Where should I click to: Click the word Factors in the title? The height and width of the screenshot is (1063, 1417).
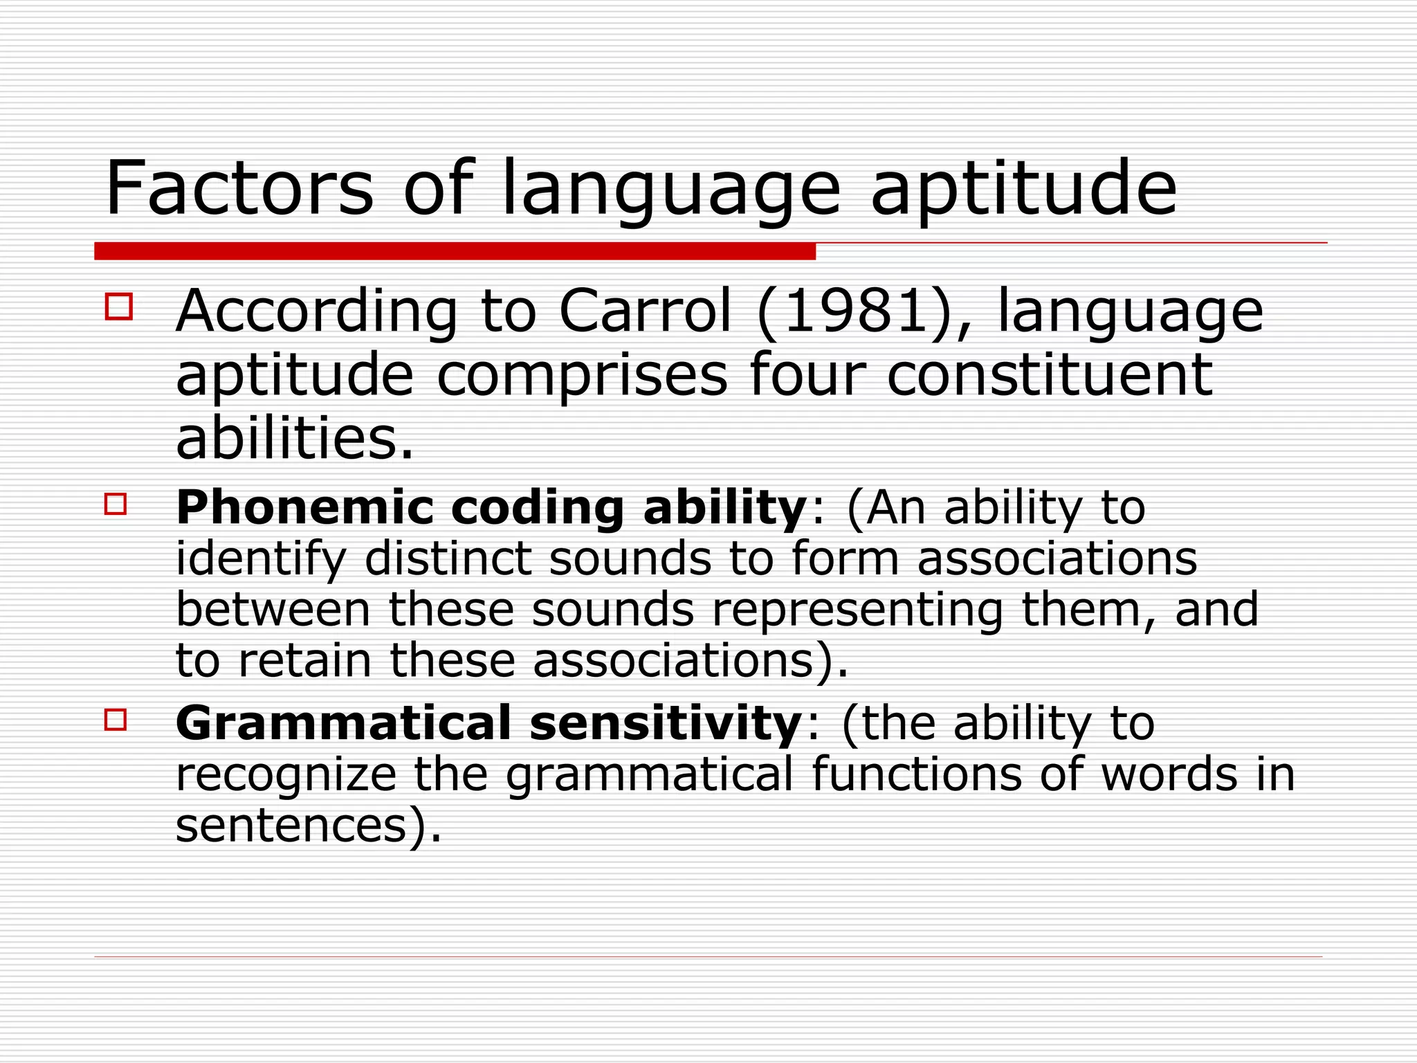click(239, 188)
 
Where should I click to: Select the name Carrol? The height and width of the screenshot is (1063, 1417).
click(645, 311)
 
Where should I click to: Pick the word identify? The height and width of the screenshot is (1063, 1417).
click(260, 560)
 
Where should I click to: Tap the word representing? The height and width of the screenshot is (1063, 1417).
click(857, 611)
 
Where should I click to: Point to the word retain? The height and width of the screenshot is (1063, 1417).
click(304, 660)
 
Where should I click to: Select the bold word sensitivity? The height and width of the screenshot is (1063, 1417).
click(665, 724)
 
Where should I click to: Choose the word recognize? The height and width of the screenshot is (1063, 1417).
click(286, 775)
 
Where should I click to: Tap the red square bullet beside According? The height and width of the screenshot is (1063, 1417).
click(118, 307)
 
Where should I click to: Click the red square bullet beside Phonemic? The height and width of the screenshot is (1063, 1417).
click(116, 504)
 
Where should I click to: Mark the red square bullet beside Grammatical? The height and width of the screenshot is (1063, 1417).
click(116, 720)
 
